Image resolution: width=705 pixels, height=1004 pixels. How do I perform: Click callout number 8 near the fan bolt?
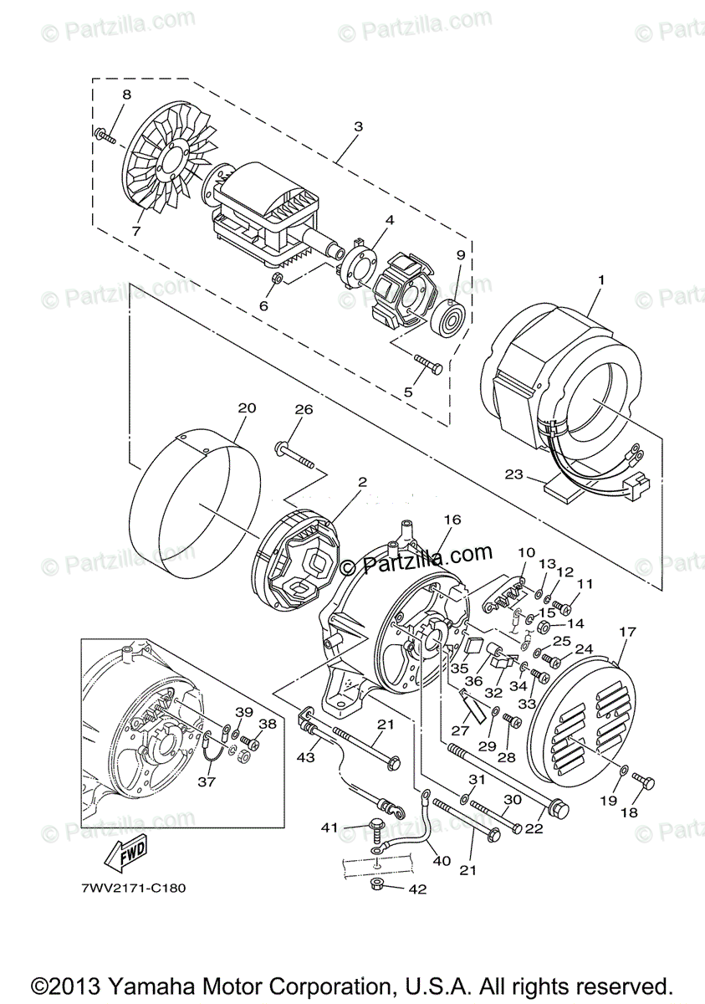[126, 95]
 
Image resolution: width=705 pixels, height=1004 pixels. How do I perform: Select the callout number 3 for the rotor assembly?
[358, 127]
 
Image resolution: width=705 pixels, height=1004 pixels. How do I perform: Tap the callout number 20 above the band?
[246, 409]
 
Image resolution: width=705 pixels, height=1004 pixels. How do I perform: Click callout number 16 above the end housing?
[452, 520]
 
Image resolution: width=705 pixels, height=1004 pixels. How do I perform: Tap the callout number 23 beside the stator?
[513, 474]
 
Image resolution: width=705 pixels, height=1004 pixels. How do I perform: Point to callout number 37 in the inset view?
[206, 781]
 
